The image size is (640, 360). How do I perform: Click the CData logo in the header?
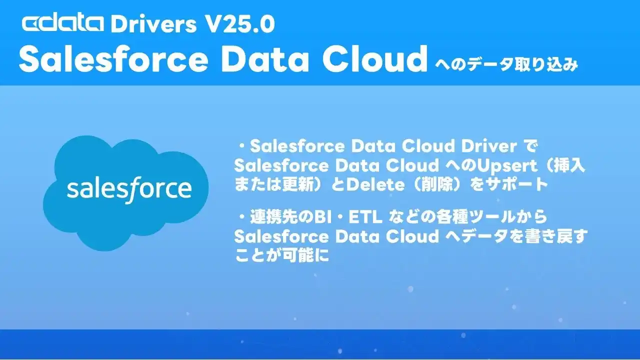(x=63, y=23)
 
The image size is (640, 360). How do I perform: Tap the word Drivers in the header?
(x=153, y=24)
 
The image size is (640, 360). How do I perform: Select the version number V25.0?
(x=240, y=24)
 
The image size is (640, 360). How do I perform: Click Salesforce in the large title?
(x=113, y=59)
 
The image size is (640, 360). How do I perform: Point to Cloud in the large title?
(x=375, y=58)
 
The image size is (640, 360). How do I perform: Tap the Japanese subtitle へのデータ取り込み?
(x=506, y=64)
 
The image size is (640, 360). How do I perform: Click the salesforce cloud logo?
(x=125, y=193)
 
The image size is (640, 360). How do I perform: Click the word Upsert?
(x=507, y=166)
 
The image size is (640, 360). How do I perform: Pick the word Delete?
(x=375, y=184)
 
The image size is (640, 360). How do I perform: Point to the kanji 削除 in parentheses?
(x=437, y=184)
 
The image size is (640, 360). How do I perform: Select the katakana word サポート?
(x=517, y=184)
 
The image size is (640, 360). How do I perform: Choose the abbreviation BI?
(x=323, y=217)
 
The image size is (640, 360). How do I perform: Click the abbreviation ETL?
(x=365, y=217)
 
